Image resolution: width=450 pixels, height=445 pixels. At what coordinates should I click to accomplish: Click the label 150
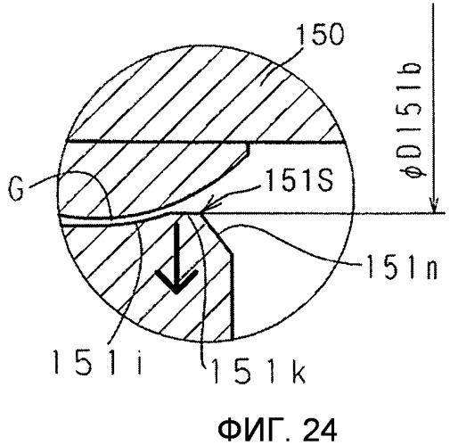320,35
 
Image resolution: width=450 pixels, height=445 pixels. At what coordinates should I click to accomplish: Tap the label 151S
300,180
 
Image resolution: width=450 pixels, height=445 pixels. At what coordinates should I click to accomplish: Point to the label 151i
97,361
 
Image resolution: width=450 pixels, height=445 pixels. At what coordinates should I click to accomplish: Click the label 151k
258,372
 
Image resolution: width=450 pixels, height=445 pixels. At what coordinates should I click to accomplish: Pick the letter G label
16,189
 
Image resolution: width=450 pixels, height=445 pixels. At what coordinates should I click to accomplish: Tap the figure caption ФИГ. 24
277,430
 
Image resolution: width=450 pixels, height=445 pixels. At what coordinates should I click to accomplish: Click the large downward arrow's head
176,281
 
